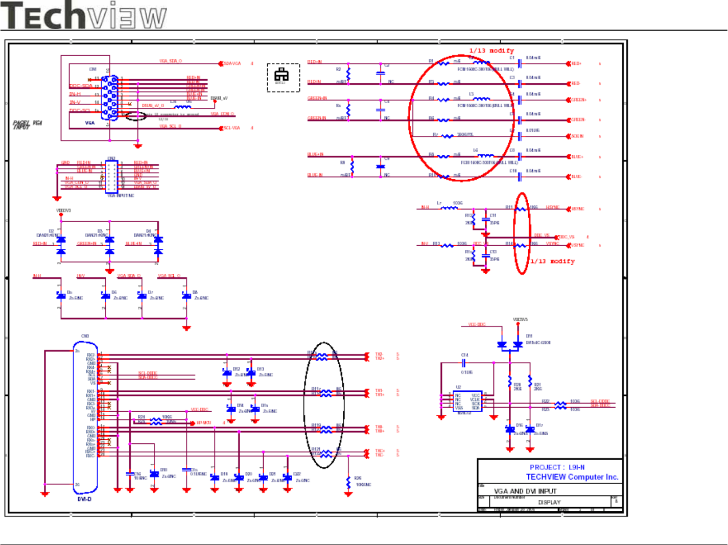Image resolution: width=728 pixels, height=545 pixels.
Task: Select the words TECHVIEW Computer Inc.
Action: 572,477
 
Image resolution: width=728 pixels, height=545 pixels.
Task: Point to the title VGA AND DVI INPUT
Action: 525,491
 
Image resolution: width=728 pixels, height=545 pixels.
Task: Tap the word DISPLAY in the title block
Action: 549,503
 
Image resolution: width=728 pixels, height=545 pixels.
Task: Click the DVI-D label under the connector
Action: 85,499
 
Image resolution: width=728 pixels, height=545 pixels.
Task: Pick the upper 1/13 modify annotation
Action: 491,51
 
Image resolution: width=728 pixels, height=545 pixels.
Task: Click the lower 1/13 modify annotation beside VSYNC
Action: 552,262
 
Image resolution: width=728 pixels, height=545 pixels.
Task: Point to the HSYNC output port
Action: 576,209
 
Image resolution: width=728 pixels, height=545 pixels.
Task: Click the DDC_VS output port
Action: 565,237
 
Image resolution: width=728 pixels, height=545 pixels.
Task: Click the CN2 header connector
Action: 111,177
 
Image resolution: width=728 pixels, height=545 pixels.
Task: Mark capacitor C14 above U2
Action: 463,363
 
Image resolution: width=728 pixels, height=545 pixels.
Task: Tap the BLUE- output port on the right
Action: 575,177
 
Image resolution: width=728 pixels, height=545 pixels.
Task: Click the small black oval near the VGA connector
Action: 136,116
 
